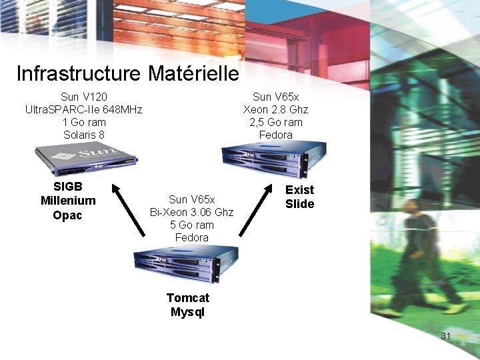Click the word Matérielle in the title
[x=193, y=73]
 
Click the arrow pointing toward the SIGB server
[x=128, y=209]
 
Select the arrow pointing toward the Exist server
[x=256, y=208]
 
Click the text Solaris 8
[x=84, y=135]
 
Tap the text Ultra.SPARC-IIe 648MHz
[x=84, y=109]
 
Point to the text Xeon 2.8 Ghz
[x=276, y=109]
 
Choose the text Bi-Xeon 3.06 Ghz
[x=192, y=212]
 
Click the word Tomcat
[x=188, y=298]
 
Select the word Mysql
[x=188, y=311]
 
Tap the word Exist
[x=299, y=190]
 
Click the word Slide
[x=299, y=204]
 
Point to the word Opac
[x=67, y=215]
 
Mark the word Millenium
[x=68, y=201]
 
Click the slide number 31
[x=446, y=336]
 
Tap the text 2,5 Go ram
[x=276, y=122]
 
